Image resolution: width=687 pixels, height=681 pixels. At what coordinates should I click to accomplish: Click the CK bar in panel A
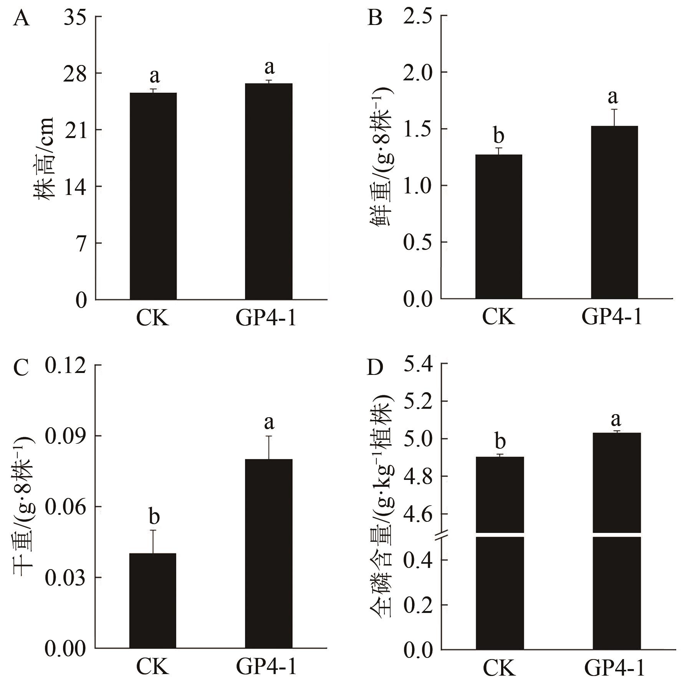[x=153, y=196]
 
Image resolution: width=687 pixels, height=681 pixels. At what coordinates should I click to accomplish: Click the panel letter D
[x=375, y=368]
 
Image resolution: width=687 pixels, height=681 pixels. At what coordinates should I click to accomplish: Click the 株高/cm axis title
[x=44, y=158]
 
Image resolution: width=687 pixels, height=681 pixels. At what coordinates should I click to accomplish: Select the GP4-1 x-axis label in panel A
[x=266, y=318]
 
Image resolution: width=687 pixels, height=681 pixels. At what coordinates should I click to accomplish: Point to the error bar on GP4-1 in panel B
[x=614, y=118]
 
